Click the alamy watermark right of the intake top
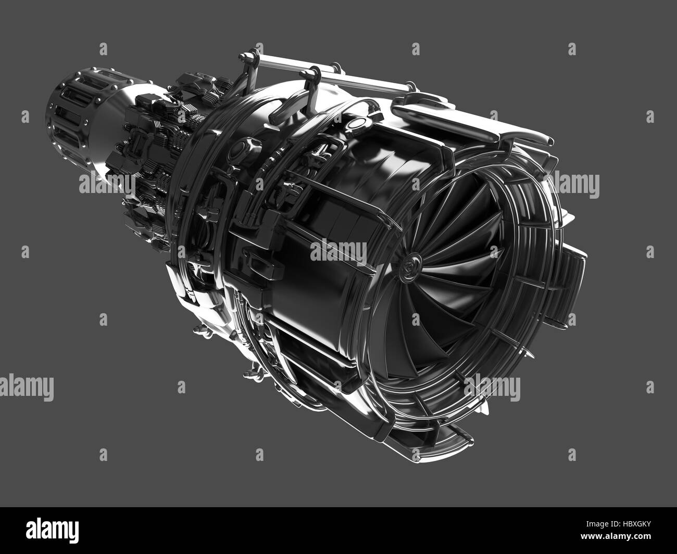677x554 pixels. coord(576,184)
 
